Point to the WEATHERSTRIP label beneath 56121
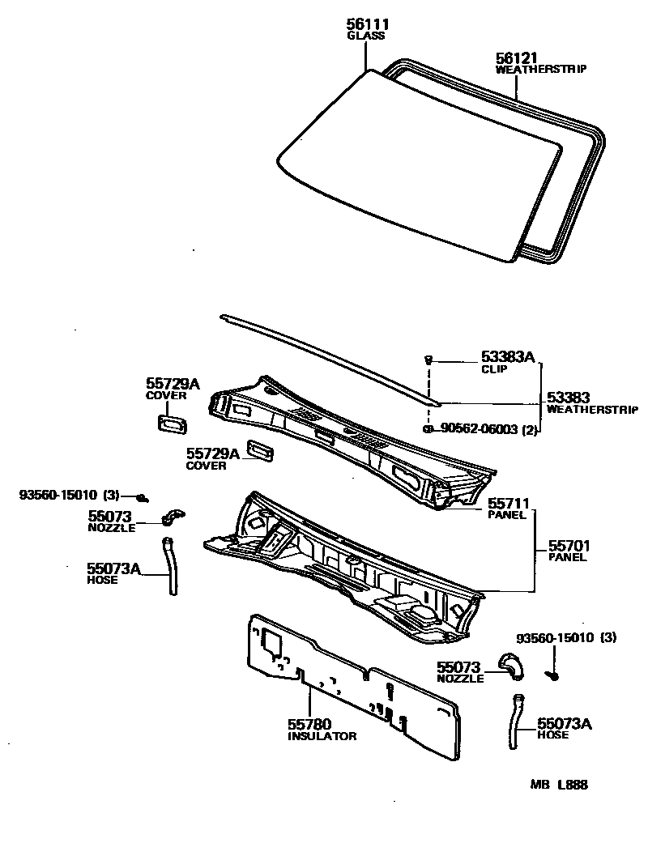click(541, 70)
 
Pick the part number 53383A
click(509, 357)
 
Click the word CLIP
click(494, 368)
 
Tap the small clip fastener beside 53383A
click(428, 359)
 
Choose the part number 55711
click(509, 504)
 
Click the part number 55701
click(570, 546)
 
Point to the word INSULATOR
click(322, 736)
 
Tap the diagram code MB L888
click(559, 785)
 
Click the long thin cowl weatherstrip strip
click(324, 356)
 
